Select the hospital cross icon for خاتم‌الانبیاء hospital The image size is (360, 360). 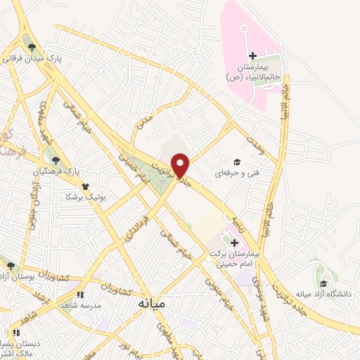pyautogui.click(x=252, y=56)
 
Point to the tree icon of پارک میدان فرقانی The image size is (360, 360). pyautogui.click(x=31, y=47)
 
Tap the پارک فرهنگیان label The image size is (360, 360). pyautogui.click(x=58, y=171)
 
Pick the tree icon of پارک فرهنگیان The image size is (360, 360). pyautogui.click(x=56, y=160)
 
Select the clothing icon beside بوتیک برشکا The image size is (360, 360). pyautogui.click(x=85, y=186)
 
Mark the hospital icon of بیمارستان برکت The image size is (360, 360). pyautogui.click(x=234, y=242)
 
